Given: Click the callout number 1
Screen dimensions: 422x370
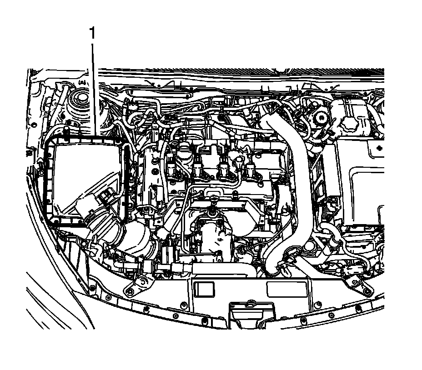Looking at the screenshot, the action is coord(93,34).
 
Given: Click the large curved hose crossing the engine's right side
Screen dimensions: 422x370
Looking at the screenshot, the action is coord(291,182).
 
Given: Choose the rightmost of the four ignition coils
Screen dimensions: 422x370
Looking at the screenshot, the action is coord(250,170).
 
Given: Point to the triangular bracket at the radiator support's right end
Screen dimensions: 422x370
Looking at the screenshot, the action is coord(354,284).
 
